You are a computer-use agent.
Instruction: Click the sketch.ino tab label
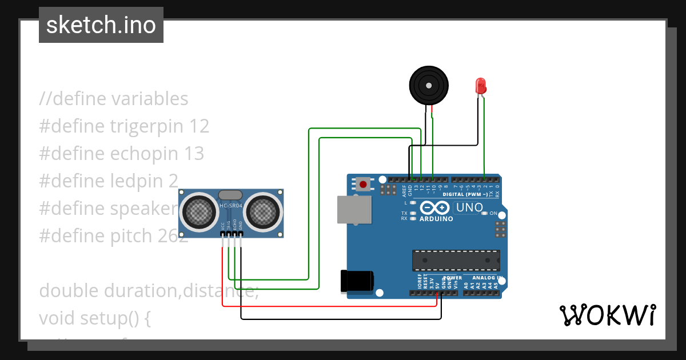tap(101, 25)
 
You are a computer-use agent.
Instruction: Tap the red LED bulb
tap(481, 86)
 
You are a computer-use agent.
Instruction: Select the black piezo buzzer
tap(429, 85)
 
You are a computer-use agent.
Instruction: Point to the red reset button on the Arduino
tap(362, 184)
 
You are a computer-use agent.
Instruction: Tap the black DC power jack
tap(357, 282)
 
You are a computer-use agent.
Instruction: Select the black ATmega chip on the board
tap(456, 260)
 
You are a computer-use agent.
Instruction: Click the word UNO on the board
tap(469, 207)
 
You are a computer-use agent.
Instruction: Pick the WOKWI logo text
tap(607, 315)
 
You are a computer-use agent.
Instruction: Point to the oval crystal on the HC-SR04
tap(230, 195)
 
